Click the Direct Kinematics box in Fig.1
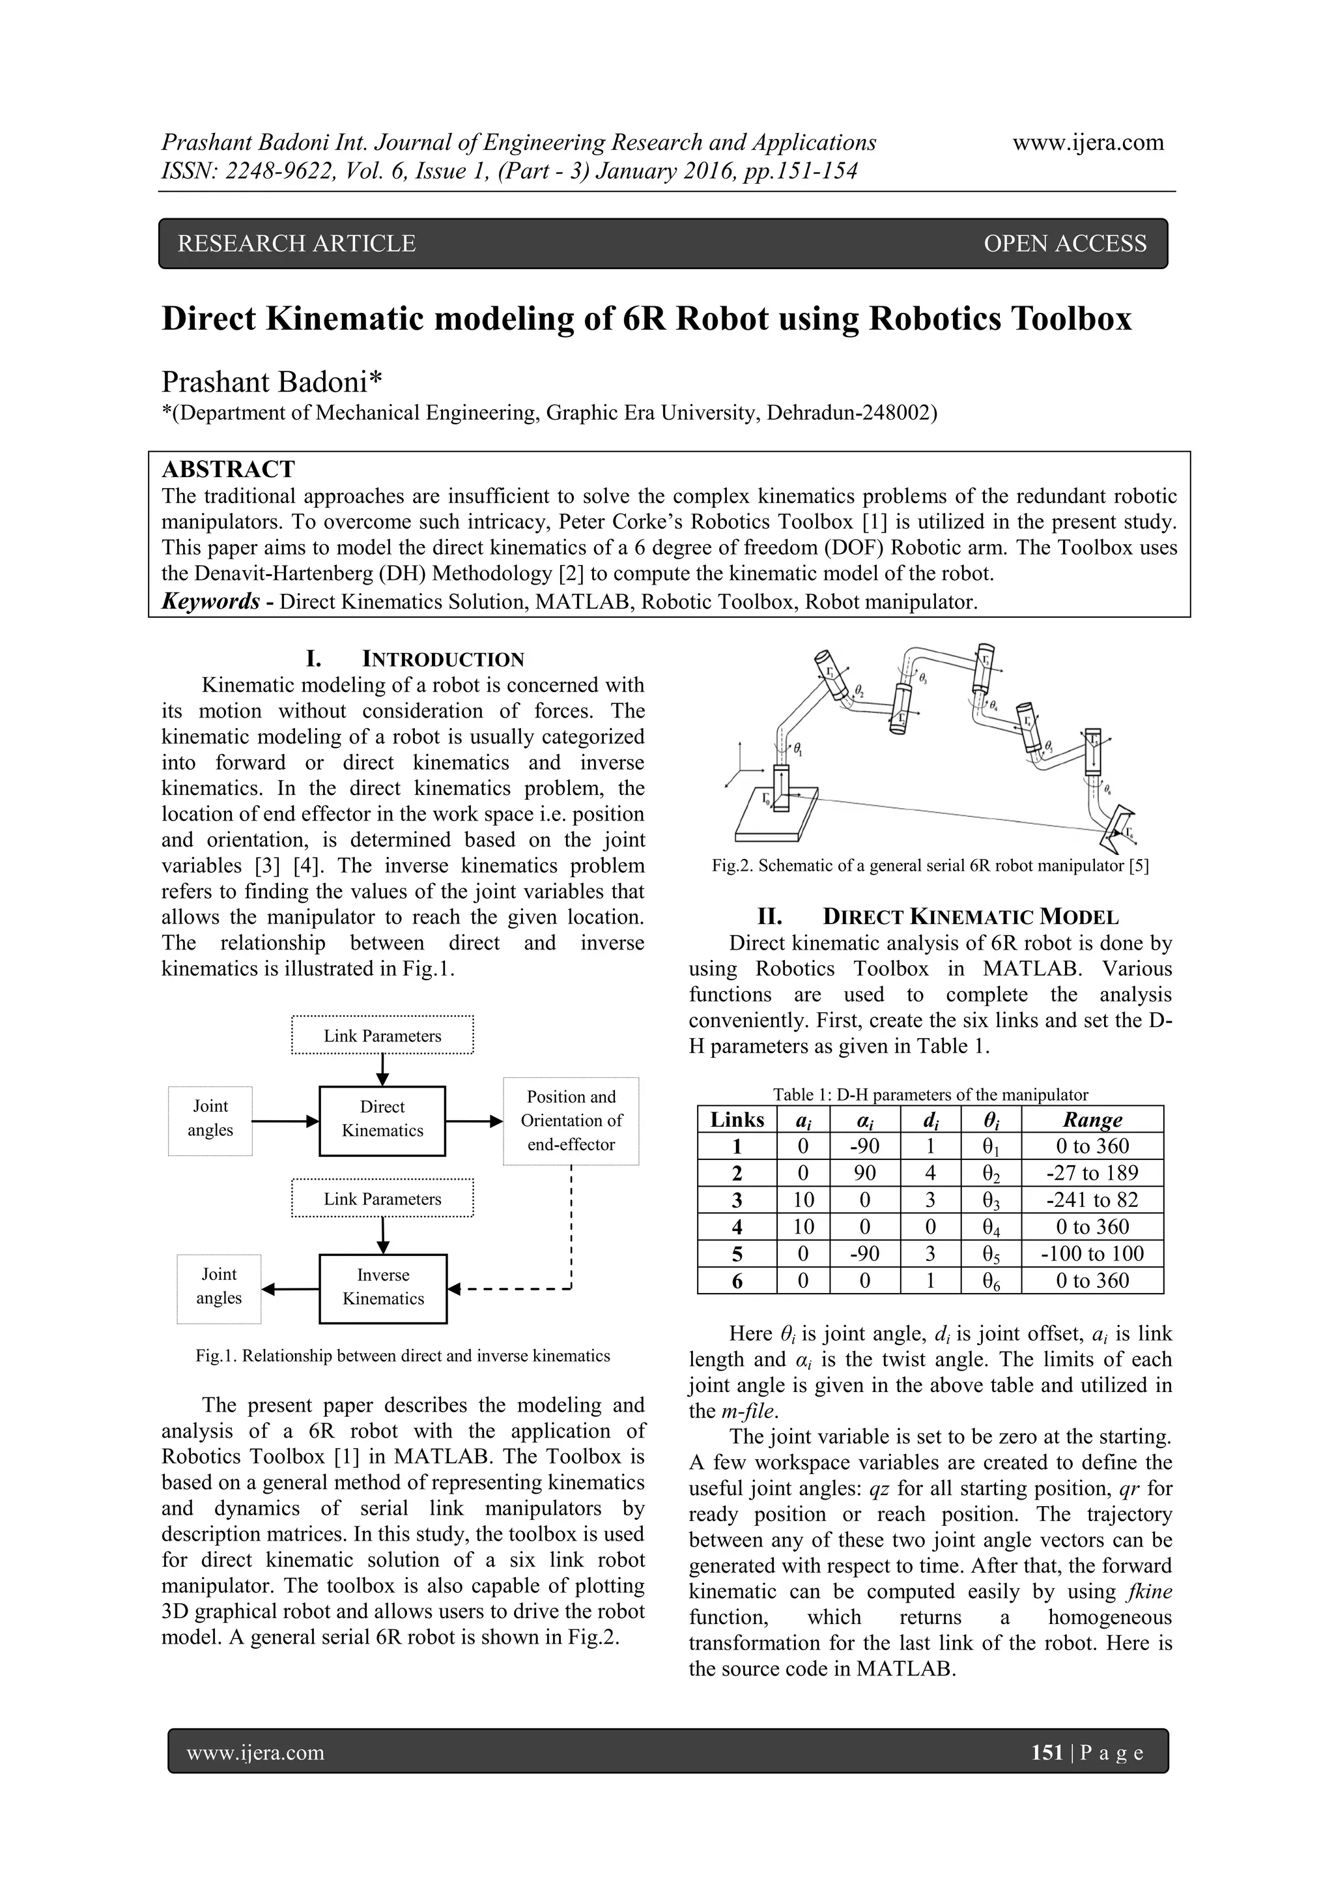tap(382, 1119)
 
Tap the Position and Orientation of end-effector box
tap(571, 1120)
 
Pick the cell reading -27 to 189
tap(1092, 1172)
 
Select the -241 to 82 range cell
tap(1092, 1200)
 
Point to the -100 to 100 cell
tap(1092, 1253)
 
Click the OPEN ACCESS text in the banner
tap(1064, 243)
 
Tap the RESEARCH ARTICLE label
tap(297, 243)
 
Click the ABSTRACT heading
tap(228, 469)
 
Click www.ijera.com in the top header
tap(1087, 142)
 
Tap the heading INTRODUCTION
tap(443, 659)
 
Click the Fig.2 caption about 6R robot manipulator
tap(930, 866)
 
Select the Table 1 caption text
tap(930, 1094)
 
